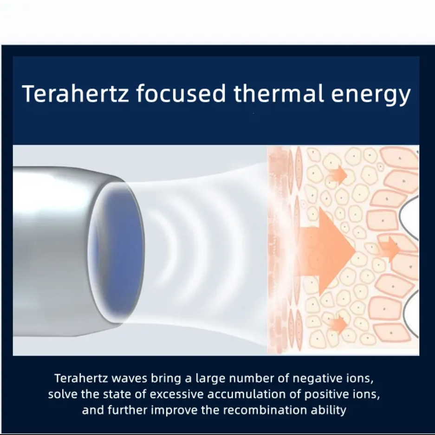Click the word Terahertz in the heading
click(75, 94)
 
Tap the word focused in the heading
click(181, 93)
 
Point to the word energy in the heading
click(371, 96)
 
